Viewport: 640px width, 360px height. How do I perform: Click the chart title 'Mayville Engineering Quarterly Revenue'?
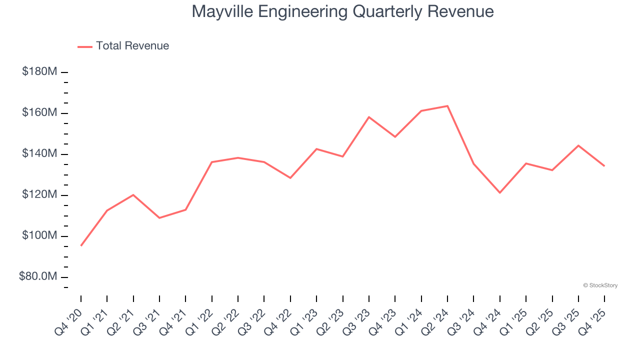pyautogui.click(x=342, y=11)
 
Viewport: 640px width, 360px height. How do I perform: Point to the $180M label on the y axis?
pyautogui.click(x=39, y=72)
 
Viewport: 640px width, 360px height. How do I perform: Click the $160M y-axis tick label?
pyautogui.click(x=39, y=113)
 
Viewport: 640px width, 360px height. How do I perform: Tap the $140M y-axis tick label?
pyautogui.click(x=39, y=154)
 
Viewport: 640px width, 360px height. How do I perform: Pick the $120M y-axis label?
pyautogui.click(x=39, y=195)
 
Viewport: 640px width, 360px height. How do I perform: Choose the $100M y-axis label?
pyautogui.click(x=39, y=236)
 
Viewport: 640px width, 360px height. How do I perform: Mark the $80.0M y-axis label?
pyautogui.click(x=38, y=277)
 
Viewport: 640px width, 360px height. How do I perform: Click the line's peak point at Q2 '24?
pyautogui.click(x=447, y=106)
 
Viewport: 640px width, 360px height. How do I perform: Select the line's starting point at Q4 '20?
pyautogui.click(x=81, y=245)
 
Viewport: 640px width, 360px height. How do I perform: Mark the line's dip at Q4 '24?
pyautogui.click(x=500, y=192)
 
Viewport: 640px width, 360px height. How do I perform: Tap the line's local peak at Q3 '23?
pyautogui.click(x=369, y=117)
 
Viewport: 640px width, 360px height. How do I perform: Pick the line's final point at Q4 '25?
pyautogui.click(x=604, y=166)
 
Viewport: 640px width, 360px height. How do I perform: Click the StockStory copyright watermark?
pyautogui.click(x=600, y=285)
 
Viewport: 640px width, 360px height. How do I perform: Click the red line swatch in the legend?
pyautogui.click(x=85, y=46)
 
